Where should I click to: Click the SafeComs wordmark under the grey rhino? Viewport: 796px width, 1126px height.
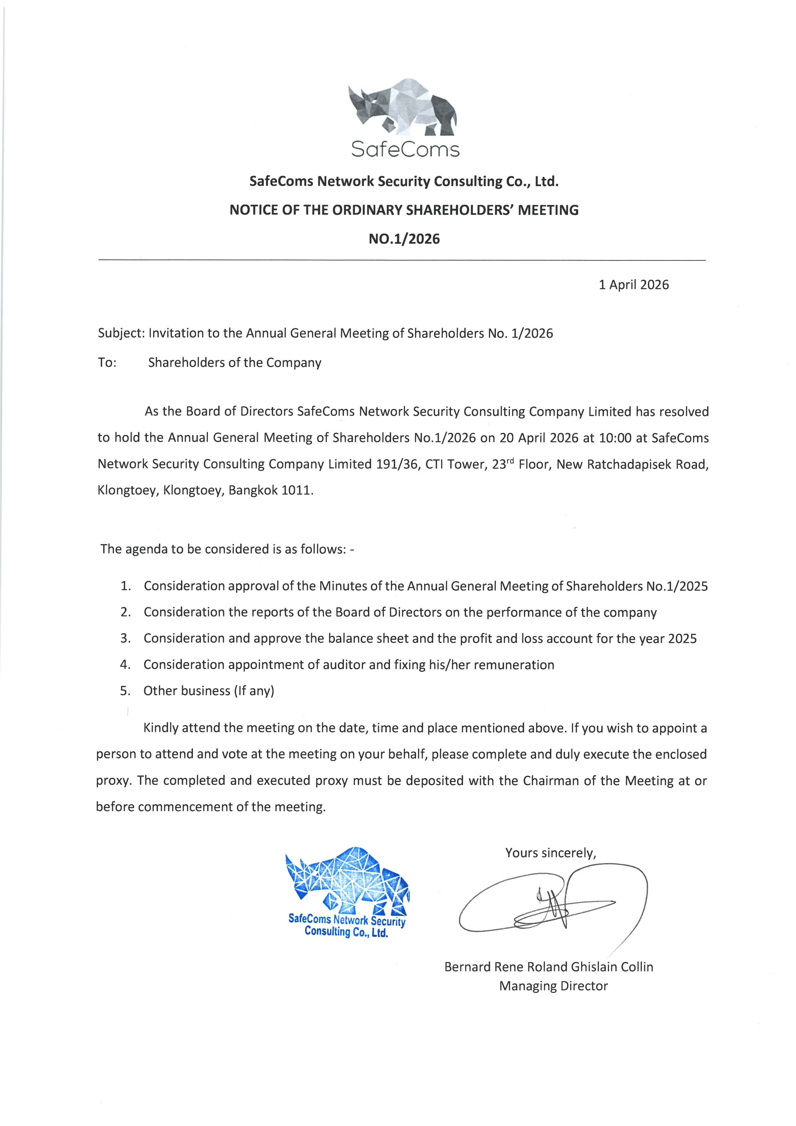point(405,149)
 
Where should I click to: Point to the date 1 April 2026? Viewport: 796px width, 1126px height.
point(633,285)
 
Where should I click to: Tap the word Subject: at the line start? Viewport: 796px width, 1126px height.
point(121,333)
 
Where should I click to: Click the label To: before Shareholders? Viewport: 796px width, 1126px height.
point(107,363)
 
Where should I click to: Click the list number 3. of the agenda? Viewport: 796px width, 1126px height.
point(125,638)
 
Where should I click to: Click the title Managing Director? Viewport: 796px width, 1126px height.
point(553,986)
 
